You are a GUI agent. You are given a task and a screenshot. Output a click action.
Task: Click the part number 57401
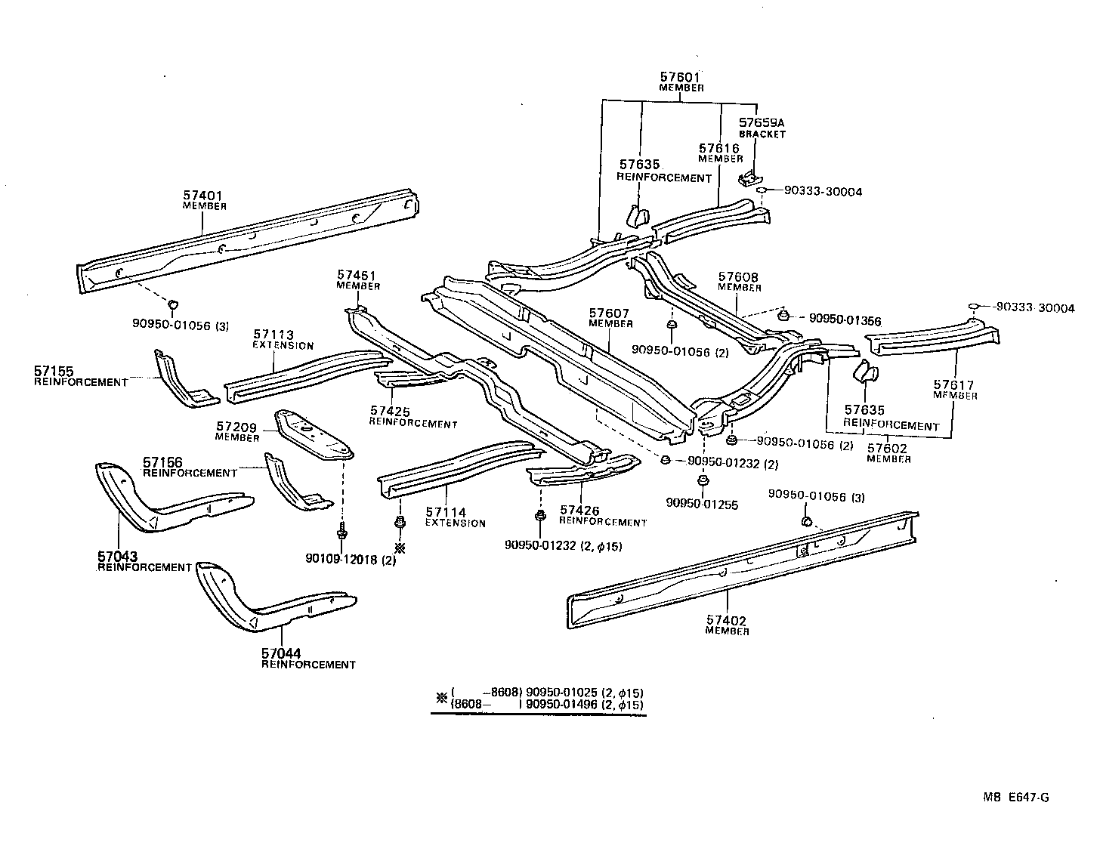(202, 196)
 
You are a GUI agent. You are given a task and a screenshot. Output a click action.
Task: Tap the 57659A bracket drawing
(748, 178)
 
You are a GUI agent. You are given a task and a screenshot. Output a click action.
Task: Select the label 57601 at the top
(680, 77)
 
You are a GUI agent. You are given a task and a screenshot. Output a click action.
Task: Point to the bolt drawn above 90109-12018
(342, 529)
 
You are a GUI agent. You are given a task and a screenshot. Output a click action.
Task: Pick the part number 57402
(727, 621)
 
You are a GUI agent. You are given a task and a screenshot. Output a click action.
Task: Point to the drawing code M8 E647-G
(1016, 798)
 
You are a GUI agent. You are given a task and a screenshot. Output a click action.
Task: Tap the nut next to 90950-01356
(783, 315)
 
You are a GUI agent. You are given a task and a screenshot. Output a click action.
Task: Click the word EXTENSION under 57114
(455, 523)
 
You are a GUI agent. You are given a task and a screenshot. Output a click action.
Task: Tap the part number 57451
(357, 276)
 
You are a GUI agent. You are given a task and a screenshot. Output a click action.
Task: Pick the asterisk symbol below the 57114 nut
(400, 548)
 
